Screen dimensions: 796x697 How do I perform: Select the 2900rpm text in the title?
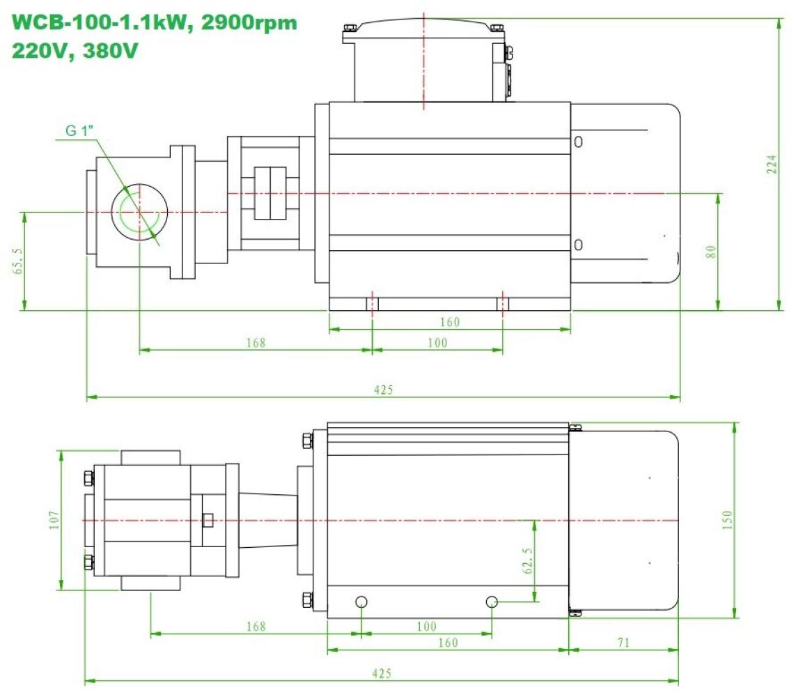point(249,23)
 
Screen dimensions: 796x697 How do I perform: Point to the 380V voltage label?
point(110,51)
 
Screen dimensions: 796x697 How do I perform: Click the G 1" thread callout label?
point(79,130)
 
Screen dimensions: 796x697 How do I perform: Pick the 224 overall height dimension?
point(771,164)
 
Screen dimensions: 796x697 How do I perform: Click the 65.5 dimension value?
point(18,261)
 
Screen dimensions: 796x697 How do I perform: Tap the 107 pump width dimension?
point(54,520)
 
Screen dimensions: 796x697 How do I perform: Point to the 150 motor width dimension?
point(726,520)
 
